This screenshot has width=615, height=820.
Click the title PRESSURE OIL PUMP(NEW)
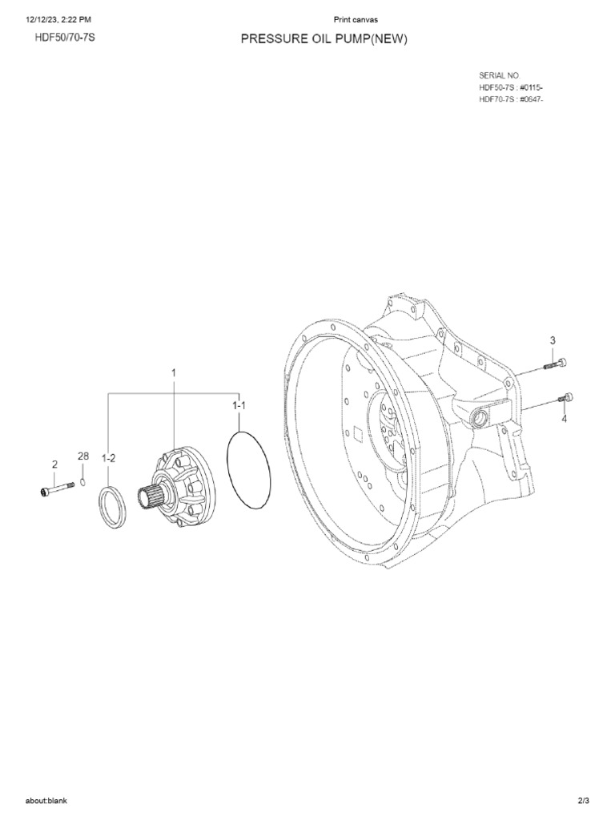tap(324, 41)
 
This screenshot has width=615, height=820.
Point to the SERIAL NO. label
tap(500, 74)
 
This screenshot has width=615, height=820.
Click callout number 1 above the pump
tap(173, 372)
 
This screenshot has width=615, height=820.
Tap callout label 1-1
tap(239, 406)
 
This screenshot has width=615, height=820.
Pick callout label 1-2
tap(109, 458)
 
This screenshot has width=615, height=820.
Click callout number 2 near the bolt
tap(54, 464)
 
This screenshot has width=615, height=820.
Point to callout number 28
tap(82, 456)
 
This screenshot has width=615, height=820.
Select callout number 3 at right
tap(553, 341)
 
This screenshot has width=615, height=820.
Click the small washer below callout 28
tap(82, 483)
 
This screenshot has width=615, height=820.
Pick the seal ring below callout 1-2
tap(111, 506)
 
